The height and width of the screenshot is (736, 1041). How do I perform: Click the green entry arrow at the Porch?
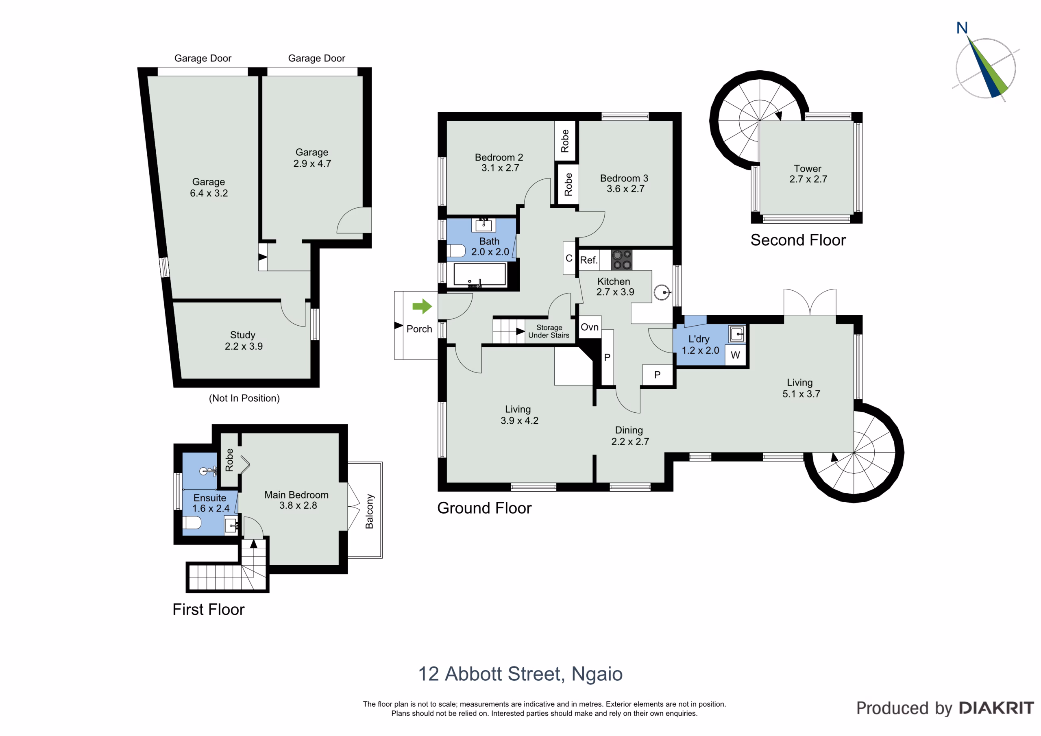422,306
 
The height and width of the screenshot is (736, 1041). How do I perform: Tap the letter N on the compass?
962,28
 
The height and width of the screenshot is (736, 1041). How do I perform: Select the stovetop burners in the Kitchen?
622,260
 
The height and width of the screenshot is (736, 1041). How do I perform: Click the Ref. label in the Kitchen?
588,260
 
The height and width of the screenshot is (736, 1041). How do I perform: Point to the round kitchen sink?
662,292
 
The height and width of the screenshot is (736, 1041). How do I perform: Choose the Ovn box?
590,327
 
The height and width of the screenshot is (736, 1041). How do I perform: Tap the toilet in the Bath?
456,251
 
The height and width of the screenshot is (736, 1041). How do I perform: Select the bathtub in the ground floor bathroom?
480,274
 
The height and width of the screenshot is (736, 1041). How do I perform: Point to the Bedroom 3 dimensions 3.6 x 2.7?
626,189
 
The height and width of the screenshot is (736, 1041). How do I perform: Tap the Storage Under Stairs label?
549,331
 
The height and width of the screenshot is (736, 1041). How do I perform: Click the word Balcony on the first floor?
370,511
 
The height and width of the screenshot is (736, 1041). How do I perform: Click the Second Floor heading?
798,240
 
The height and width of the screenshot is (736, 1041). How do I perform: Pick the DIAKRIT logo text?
997,708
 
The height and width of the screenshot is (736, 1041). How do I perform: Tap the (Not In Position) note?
244,398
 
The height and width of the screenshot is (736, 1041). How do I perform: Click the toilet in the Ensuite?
192,523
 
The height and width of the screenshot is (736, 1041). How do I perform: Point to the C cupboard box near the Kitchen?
569,258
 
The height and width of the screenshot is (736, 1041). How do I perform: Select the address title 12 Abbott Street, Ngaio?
520,674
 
